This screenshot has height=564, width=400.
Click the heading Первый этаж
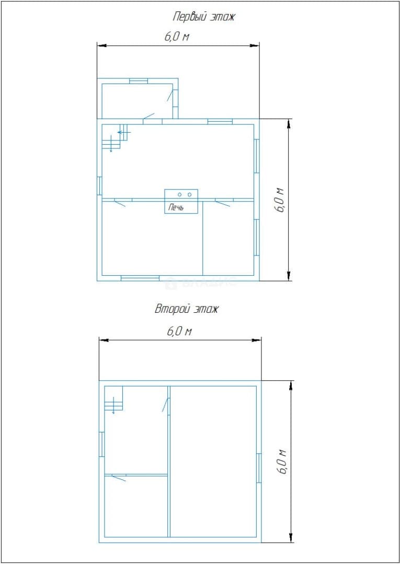pyautogui.click(x=204, y=17)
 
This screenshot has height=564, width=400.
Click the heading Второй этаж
pyautogui.click(x=187, y=309)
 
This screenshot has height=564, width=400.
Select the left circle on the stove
pyautogui.click(x=180, y=195)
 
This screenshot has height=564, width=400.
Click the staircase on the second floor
pyautogui.click(x=114, y=399)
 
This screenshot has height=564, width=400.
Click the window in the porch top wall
pyautogui.click(x=139, y=80)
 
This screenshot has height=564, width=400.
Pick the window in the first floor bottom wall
pyautogui.click(x=140, y=278)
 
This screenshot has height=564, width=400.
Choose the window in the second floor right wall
pyautogui.click(x=259, y=468)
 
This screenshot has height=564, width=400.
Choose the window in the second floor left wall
pyautogui.click(x=101, y=444)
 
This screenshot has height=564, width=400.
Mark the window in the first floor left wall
pyautogui.click(x=99, y=185)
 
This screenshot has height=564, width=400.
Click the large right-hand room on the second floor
pyautogui.click(x=213, y=462)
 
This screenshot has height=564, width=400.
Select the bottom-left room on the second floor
pyautogui.click(x=136, y=507)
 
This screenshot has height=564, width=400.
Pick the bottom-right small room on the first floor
pyautogui.click(x=228, y=238)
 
